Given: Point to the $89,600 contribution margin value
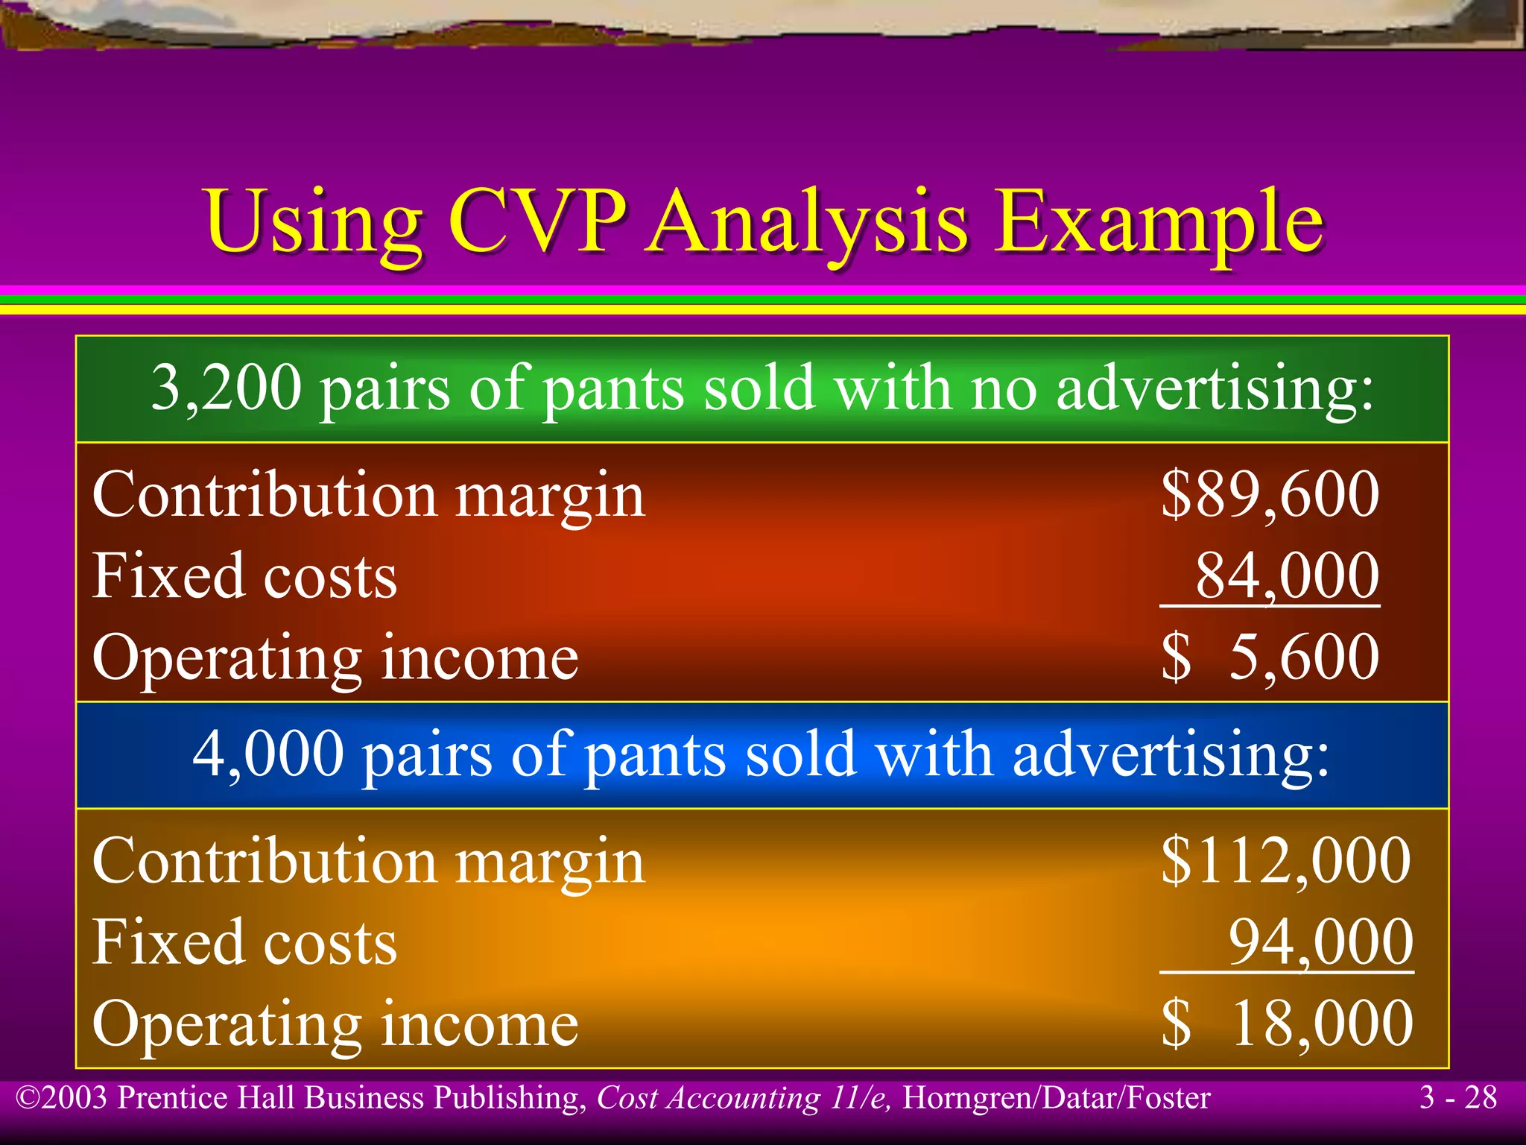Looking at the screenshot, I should coord(1270,494).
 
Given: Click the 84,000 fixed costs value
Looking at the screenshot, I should coord(1287,575).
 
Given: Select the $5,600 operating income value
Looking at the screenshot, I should coord(1270,657).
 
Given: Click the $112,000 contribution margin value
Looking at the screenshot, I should coord(1285,860).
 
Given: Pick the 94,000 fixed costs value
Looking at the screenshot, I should coord(1320,942).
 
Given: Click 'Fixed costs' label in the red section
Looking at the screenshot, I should coord(245,575).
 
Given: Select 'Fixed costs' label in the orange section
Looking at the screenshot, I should coord(245,942).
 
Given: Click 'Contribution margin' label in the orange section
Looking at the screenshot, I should coord(368,862).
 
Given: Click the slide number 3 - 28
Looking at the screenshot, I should coord(1457,1097).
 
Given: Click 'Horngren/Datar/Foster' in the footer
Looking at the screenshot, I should coord(1056,1098).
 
